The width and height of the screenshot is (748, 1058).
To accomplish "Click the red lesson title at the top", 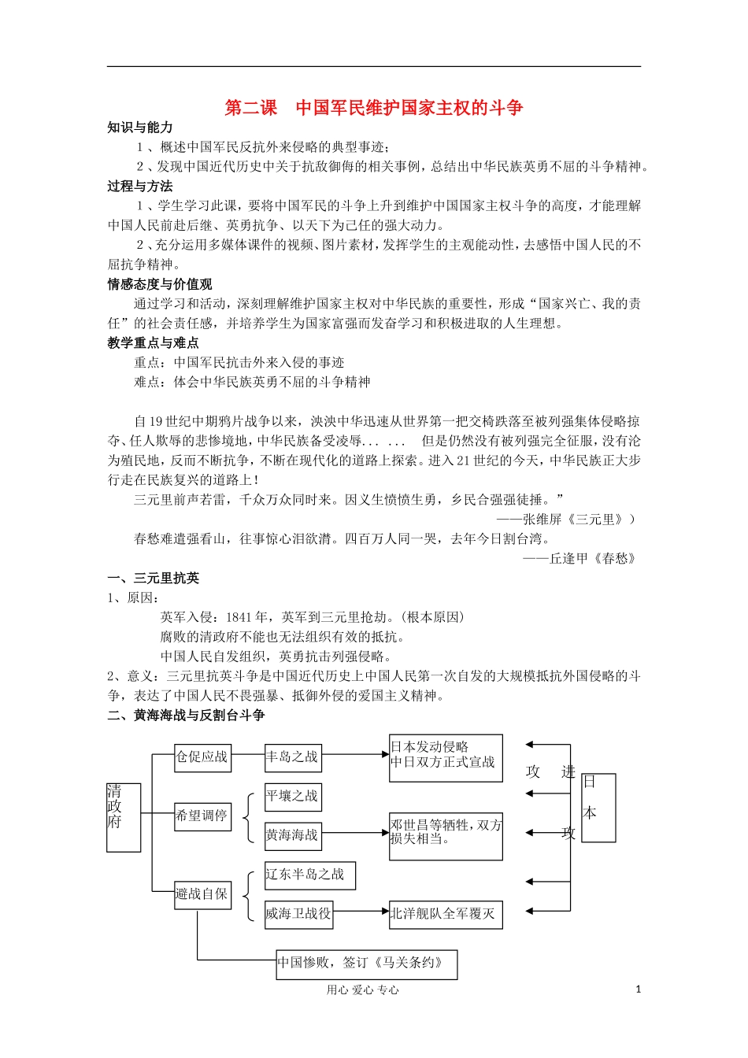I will (x=374, y=108).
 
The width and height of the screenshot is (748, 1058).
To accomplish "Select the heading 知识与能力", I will (x=140, y=128).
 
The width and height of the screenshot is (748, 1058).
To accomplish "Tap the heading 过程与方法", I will (x=140, y=187).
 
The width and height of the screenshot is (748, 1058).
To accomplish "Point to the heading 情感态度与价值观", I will (x=160, y=284).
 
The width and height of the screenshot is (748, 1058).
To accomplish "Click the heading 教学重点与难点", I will (x=154, y=343).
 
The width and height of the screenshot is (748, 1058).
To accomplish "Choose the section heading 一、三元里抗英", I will (x=154, y=578).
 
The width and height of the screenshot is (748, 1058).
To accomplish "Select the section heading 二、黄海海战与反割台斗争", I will (x=187, y=715).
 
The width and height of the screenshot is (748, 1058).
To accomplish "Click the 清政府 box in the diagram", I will (x=124, y=817).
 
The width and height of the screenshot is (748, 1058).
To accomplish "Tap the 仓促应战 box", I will (x=202, y=757).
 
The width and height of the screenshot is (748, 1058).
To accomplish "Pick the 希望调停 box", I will (x=202, y=816).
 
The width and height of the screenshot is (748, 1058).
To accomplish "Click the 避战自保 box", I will (x=202, y=894).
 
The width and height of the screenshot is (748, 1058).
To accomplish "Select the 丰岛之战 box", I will (x=293, y=757).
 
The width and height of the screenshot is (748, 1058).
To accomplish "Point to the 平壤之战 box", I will (x=293, y=797).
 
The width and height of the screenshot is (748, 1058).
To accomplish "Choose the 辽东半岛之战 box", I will (x=309, y=875).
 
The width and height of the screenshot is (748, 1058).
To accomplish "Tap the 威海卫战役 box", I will (x=298, y=914).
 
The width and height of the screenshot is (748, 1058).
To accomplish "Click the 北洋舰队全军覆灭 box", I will (x=446, y=914).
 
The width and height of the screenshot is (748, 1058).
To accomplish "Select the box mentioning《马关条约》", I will (x=366, y=964).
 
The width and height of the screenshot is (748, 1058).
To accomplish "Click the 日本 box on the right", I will (x=598, y=807).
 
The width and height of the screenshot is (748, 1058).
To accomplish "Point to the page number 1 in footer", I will (x=638, y=990).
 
